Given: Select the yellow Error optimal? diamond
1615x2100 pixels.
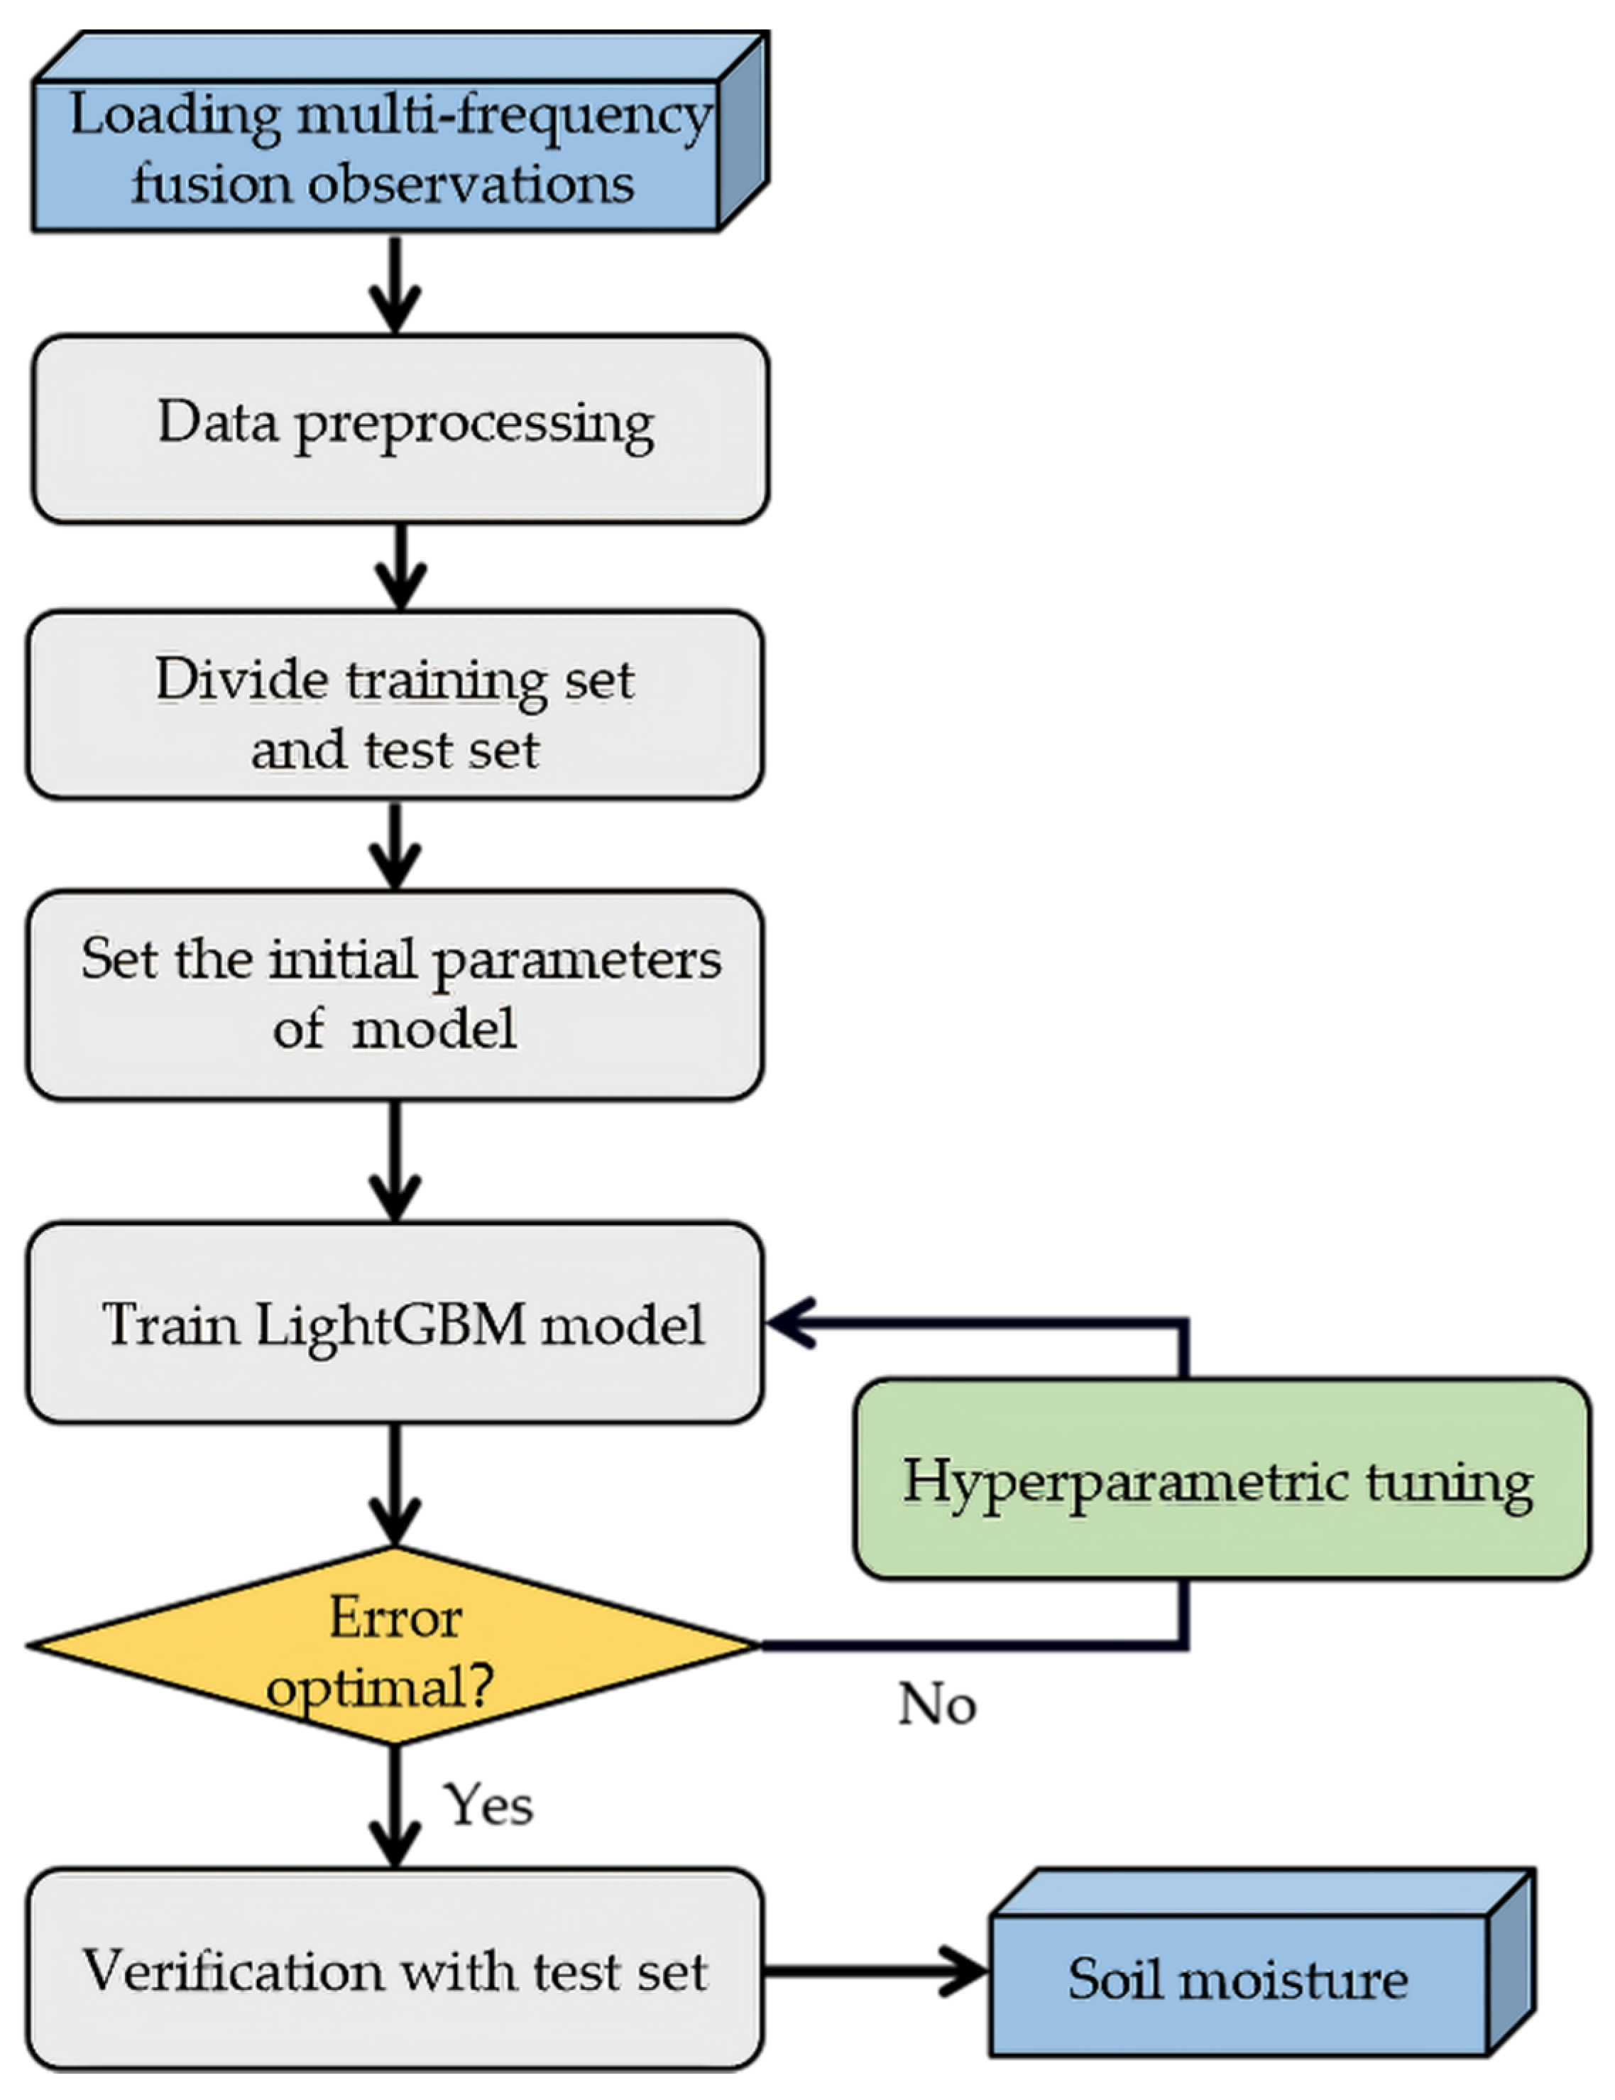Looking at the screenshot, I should [x=394, y=1646].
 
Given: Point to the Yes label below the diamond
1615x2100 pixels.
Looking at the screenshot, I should [x=488, y=1805].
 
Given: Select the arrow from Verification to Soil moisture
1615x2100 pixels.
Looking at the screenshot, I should [x=875, y=1971].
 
